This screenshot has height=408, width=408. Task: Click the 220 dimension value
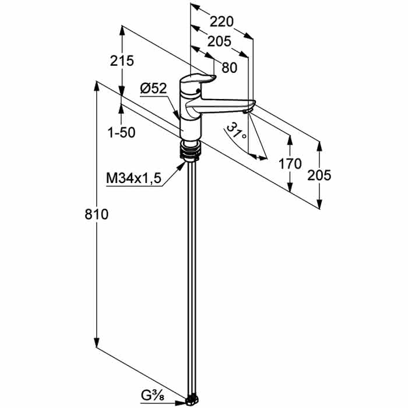pos(221,22)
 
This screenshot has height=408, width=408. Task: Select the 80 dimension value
pos(230,68)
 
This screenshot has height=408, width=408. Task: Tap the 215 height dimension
pos(122,61)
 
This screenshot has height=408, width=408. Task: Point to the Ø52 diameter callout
pos(153,89)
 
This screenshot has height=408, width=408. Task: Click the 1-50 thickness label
pos(121,133)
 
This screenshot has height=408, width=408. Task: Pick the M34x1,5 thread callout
pos(133,179)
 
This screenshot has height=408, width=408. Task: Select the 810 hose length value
pos(96,215)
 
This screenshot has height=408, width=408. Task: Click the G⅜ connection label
pos(153,396)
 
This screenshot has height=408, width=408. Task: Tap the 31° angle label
pos(236,131)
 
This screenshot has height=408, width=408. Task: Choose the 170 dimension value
pos(290,164)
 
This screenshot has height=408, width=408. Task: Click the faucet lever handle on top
pos(198,79)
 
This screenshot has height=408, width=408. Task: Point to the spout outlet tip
pos(247,111)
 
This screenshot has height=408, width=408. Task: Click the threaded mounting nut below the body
pos(191,150)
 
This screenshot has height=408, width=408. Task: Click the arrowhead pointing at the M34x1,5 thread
pos(181,166)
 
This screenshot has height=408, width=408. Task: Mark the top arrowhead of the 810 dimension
pos(97,86)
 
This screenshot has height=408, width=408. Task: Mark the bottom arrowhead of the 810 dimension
pos(97,342)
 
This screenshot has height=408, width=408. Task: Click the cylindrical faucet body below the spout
pos(191,129)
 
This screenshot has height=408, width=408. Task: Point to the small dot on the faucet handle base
pos(198,91)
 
